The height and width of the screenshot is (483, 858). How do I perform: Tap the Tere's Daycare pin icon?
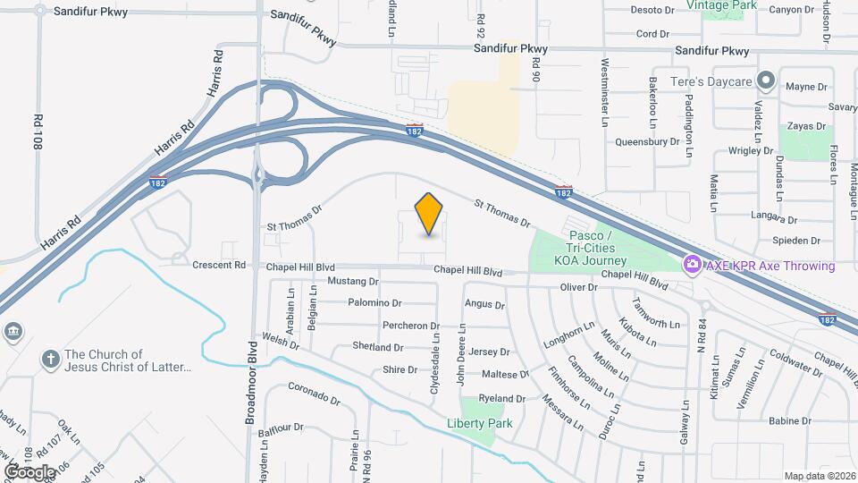point(765,81)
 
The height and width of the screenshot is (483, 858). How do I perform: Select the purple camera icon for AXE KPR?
point(691,266)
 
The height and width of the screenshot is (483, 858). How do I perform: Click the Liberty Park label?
point(480,423)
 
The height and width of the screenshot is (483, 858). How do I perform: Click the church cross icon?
point(50,360)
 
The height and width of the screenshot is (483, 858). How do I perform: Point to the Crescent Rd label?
point(219,265)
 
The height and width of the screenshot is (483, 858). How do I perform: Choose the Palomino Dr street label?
point(375,303)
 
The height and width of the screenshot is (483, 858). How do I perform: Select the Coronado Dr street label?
point(314,394)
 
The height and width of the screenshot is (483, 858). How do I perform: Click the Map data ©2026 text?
point(819,476)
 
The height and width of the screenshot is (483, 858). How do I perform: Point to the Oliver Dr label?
point(578,287)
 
